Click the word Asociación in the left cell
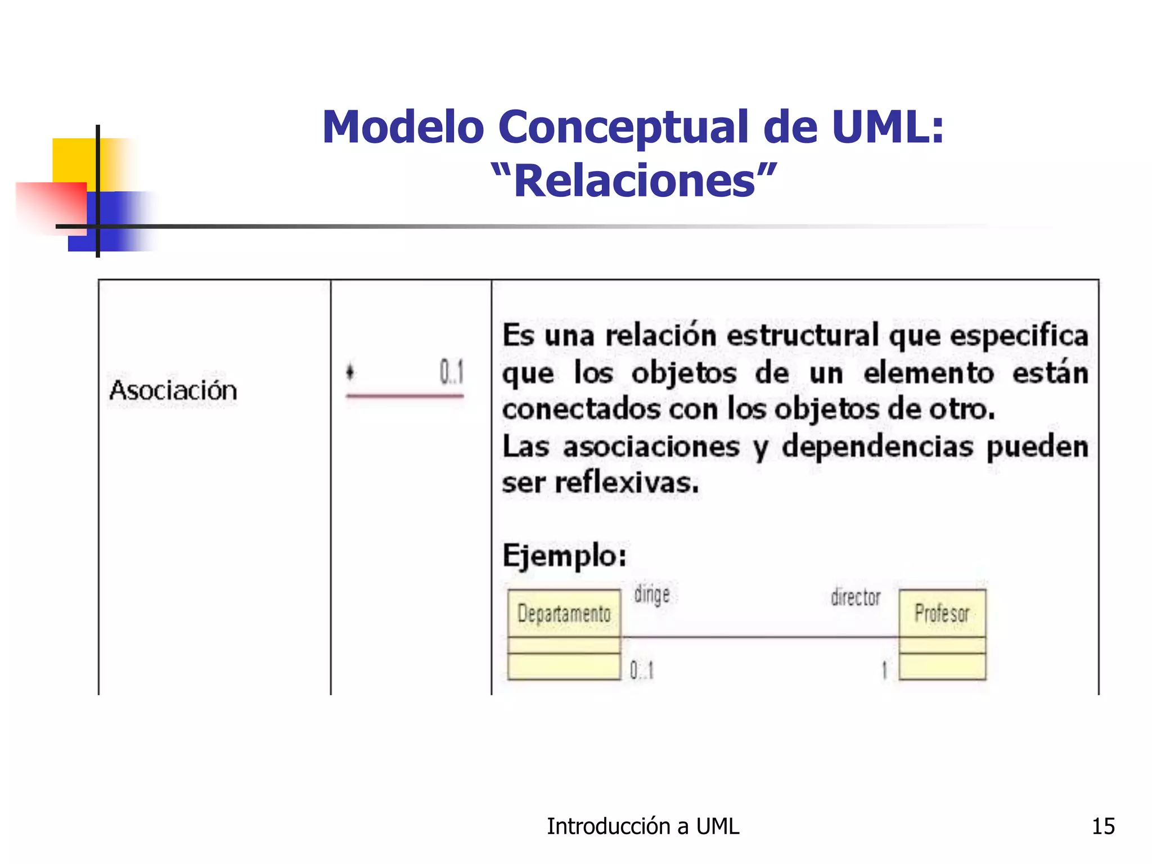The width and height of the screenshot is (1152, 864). point(173,390)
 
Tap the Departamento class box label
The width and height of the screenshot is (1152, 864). point(564,614)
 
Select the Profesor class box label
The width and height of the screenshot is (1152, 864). point(942,613)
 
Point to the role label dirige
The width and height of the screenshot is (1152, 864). point(651,595)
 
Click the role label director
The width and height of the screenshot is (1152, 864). point(855,597)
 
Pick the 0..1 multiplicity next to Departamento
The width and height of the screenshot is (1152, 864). point(641,670)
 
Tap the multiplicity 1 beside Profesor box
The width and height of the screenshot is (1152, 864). point(884,670)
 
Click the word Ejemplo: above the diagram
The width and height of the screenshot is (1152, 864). point(564,556)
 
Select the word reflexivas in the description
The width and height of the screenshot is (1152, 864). point(627,483)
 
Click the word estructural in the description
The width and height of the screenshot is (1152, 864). point(803,336)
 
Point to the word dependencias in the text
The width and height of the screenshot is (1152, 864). point(877,447)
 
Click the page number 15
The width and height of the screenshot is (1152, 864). point(1103,826)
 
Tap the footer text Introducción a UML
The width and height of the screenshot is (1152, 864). point(643,826)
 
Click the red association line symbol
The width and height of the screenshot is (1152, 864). point(404,396)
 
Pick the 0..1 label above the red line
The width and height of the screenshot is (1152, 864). point(451,372)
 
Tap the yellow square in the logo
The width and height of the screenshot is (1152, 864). point(73,160)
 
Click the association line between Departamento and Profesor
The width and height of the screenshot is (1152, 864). point(759,637)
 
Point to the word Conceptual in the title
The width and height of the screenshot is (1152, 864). point(623,127)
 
